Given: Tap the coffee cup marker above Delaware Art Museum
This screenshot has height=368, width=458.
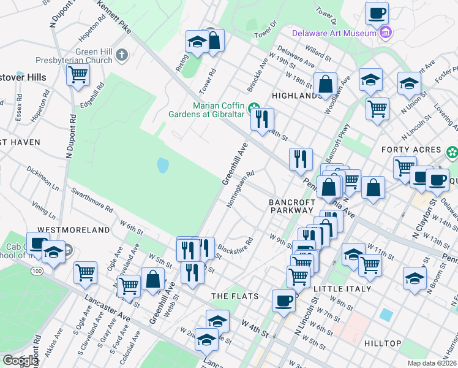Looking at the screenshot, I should pyautogui.click(x=377, y=13).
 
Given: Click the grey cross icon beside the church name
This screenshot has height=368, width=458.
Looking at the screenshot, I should pyautogui.click(x=121, y=56).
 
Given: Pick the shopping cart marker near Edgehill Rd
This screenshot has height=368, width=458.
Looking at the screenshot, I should pyautogui.click(x=78, y=75).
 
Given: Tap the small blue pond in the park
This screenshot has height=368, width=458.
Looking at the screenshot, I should pyautogui.click(x=162, y=165).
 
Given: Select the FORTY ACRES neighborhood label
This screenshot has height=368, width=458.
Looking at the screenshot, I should pyautogui.click(x=411, y=150).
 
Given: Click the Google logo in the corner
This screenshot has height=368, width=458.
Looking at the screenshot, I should pyautogui.click(x=20, y=361).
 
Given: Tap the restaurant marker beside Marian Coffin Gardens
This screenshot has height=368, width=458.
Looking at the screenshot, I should pyautogui.click(x=262, y=119).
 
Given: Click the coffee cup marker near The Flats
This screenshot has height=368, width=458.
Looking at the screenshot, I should pyautogui.click(x=283, y=301).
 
